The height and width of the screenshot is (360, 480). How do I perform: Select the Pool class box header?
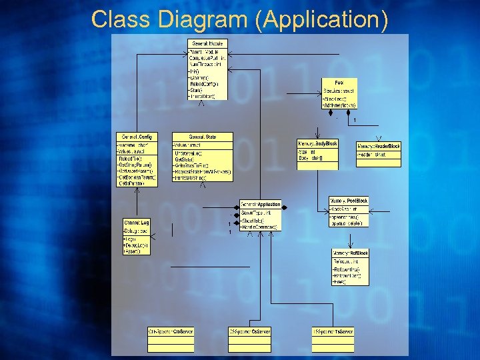[x=339, y=82]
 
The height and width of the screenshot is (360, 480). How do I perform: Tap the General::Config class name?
[x=137, y=137]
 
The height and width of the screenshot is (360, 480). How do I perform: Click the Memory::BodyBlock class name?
[x=317, y=143]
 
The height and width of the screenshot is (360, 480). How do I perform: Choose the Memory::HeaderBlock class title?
[x=379, y=145]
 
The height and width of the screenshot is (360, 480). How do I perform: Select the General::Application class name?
[x=260, y=204]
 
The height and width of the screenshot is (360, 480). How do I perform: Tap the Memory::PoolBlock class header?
[x=349, y=201]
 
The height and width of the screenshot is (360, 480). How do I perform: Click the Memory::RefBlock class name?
[x=350, y=253]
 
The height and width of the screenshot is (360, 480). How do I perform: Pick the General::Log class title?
[x=136, y=222]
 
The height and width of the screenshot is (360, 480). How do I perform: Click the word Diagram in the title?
[x=204, y=19]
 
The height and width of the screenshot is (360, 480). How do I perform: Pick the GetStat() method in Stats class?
[x=185, y=160]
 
